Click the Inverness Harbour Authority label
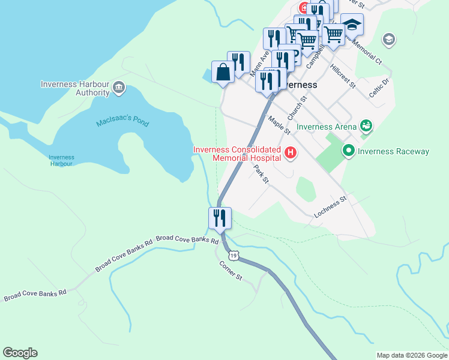[75, 88]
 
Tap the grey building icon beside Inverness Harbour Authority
[119, 88]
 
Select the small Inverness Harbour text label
[61, 160]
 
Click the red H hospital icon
[291, 154]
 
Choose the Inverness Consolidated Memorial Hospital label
[237, 154]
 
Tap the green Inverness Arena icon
[366, 126]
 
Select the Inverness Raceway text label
[393, 151]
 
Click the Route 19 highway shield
[234, 256]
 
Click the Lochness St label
[330, 206]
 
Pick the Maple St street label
[279, 125]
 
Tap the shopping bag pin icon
[223, 71]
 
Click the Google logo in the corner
[20, 353]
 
